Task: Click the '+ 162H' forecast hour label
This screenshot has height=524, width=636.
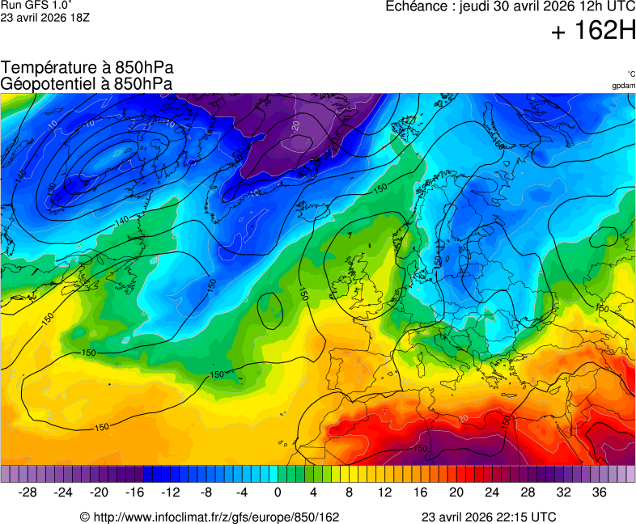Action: pos(594,32)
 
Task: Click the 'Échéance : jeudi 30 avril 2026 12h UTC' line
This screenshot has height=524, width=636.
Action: pos(511,6)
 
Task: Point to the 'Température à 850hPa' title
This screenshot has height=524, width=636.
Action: pos(87,68)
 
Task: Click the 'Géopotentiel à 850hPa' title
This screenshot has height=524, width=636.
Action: pos(87,83)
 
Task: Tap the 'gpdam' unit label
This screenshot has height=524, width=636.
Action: pos(623,86)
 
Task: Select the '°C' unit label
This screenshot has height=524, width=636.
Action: pos(630,74)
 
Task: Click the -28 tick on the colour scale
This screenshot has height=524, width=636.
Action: pos(28,492)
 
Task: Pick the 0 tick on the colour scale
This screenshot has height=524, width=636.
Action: pos(278,492)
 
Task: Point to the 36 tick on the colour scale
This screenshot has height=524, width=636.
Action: pos(599,492)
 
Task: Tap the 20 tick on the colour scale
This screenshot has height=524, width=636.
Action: pos(456,492)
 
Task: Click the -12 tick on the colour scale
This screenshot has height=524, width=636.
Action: pos(171,492)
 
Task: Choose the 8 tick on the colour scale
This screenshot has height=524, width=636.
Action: pos(349,492)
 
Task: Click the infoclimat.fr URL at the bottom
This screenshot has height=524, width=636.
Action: pos(210,517)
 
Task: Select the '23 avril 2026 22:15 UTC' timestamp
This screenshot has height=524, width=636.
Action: pos(489,517)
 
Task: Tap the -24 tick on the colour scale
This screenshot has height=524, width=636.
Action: pos(64,492)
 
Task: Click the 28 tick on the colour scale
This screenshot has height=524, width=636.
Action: pos(528,492)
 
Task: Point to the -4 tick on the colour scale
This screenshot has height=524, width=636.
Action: pos(242,492)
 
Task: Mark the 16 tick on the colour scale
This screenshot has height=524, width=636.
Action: pos(421,492)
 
